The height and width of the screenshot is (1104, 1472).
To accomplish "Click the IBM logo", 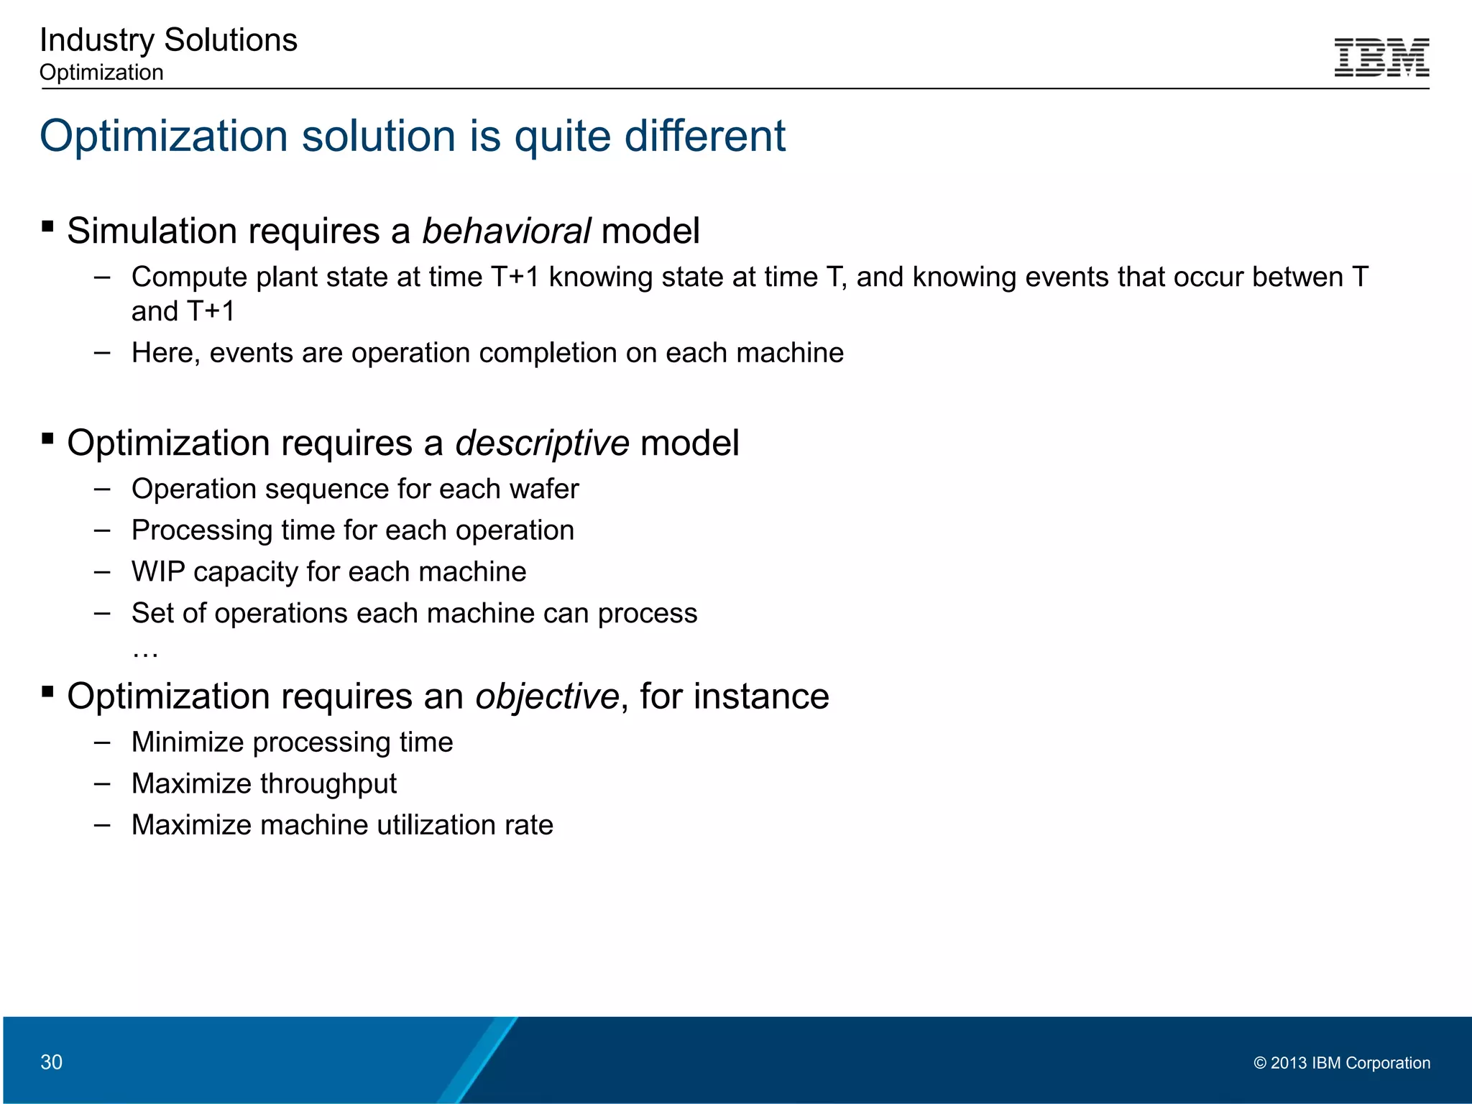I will [1381, 57].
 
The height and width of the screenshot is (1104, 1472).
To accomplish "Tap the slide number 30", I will [51, 1062].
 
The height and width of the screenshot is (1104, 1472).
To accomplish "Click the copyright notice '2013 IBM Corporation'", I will [1342, 1062].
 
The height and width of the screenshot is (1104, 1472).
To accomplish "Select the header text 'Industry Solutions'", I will [168, 40].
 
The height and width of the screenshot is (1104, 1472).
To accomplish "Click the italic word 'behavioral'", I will [506, 231].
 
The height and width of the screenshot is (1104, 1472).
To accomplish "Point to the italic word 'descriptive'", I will [542, 443].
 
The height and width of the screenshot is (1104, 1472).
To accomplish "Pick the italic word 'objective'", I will [546, 696].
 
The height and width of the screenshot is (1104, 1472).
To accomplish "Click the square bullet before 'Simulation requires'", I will [48, 227].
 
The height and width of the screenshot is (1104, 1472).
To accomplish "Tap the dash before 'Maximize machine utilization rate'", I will [102, 825].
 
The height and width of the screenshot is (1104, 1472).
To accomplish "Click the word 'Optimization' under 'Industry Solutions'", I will [101, 73].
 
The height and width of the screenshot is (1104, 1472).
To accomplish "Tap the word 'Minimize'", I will [188, 742].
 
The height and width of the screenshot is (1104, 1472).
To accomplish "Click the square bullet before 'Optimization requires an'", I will [48, 692].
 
